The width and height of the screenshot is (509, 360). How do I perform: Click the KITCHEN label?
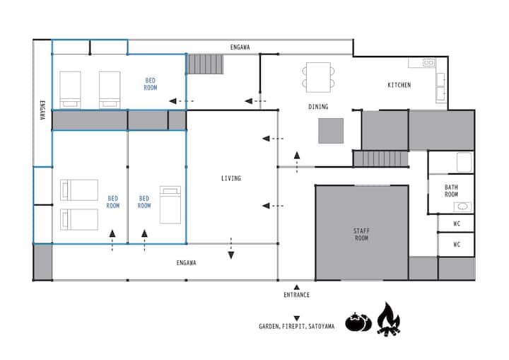coord(399,85)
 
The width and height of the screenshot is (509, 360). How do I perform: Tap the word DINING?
coord(318,107)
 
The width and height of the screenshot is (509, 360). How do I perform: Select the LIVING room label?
coord(230,178)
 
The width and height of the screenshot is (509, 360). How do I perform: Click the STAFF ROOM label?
coord(361,234)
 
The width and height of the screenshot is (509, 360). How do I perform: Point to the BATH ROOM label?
coord(451,191)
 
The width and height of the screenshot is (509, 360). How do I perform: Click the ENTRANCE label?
coord(296,295)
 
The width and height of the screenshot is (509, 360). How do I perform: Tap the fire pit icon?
coord(389,319)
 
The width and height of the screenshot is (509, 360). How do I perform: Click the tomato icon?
coord(358,322)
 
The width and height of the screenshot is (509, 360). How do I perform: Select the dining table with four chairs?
coord(318,77)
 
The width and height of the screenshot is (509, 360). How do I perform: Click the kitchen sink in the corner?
coord(428,62)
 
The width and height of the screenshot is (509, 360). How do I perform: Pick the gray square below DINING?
coord(331,131)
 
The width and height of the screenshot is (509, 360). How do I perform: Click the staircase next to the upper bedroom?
coord(205,64)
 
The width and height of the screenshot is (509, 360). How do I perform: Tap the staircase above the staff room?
coord(380,159)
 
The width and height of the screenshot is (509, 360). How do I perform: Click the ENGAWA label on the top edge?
coord(240,47)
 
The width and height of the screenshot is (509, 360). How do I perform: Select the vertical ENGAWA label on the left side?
coord(42,110)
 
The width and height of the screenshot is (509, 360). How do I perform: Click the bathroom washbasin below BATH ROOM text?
coord(462,207)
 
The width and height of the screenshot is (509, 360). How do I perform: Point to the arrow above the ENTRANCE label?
coord(296,287)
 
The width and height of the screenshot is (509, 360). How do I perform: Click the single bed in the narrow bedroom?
coord(170,204)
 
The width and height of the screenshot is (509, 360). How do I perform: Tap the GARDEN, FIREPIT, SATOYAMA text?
coord(296,326)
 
